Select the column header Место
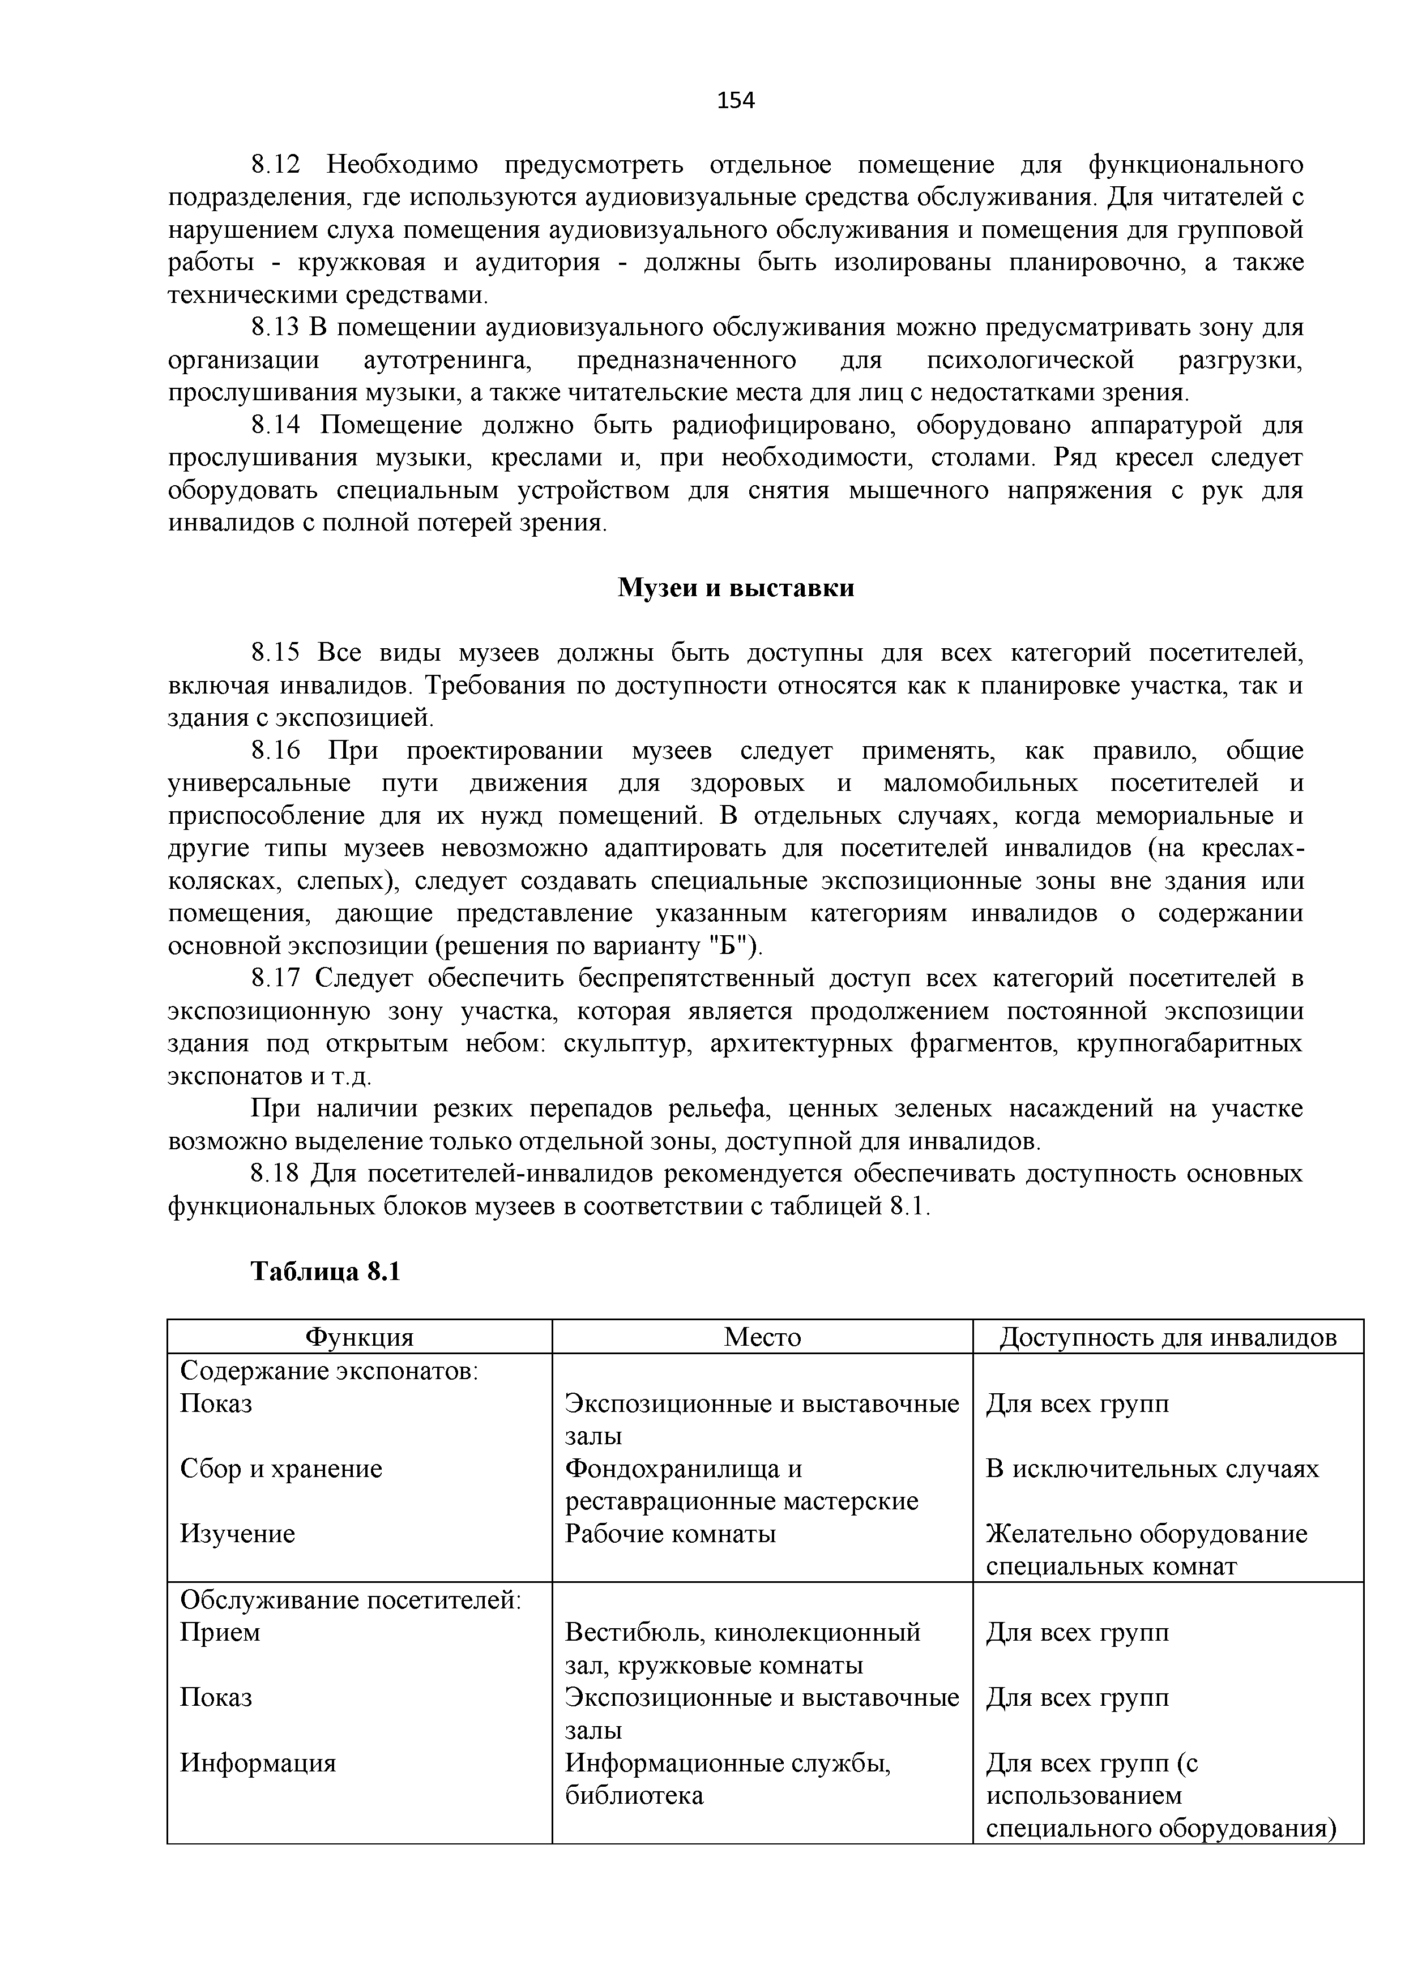point(762,1337)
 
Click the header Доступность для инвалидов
point(1168,1337)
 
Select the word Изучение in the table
point(237,1534)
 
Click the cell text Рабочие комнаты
point(671,1534)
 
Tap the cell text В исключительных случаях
point(1152,1469)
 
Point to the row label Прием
point(220,1632)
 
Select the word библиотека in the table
point(634,1795)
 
